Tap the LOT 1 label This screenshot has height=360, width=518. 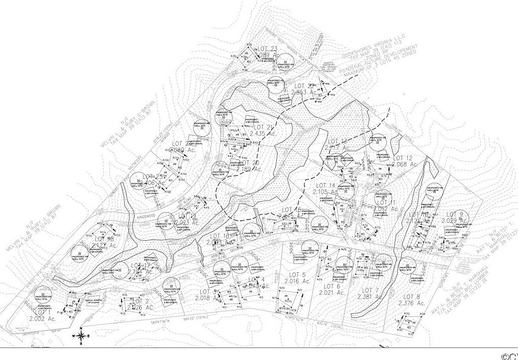(x=42, y=313)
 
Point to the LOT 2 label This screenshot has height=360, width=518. (x=139, y=301)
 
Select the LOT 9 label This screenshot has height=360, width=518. (x=459, y=214)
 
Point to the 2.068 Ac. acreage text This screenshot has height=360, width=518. (x=405, y=164)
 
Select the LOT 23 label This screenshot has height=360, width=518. (x=268, y=49)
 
